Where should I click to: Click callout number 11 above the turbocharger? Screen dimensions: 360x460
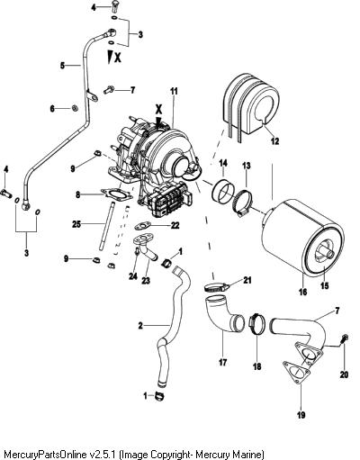pyautogui.click(x=174, y=91)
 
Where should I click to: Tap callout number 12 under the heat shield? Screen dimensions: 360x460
pyautogui.click(x=274, y=141)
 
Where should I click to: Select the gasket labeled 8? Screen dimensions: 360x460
pyautogui.click(x=117, y=197)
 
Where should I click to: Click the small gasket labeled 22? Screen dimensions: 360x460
pyautogui.click(x=142, y=225)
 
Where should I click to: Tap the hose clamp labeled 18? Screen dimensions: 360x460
pyautogui.click(x=257, y=324)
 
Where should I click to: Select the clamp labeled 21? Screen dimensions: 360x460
pyautogui.click(x=216, y=287)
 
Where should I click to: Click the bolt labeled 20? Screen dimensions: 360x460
pyautogui.click(x=344, y=339)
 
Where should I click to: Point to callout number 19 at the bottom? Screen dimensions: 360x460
pyautogui.click(x=301, y=415)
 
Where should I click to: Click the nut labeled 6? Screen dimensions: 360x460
pyautogui.click(x=75, y=108)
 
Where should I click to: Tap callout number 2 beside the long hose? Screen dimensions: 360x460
pyautogui.click(x=140, y=325)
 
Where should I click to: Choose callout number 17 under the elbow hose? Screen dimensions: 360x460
pyautogui.click(x=222, y=363)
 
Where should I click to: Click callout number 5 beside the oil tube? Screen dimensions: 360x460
pyautogui.click(x=62, y=65)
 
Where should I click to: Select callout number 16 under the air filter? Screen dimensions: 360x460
pyautogui.click(x=303, y=292)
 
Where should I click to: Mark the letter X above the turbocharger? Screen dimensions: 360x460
pyautogui.click(x=158, y=109)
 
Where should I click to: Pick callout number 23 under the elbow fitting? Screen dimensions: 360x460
pyautogui.click(x=146, y=281)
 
